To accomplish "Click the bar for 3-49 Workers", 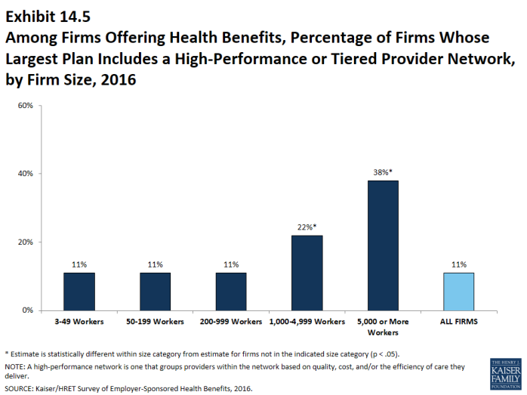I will (79, 292).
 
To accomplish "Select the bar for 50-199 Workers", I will (156, 292).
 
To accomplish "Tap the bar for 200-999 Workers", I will (231, 292).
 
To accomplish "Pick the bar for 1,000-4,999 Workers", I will (307, 273).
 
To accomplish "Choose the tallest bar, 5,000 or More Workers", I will (383, 245).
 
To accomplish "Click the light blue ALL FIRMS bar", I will (459, 292).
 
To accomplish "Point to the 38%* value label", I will (383, 172).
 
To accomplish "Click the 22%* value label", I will (307, 227).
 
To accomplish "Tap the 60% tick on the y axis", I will (24, 106).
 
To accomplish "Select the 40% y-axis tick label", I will (24, 174).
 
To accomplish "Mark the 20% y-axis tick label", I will (24, 242).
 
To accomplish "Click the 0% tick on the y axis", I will (26, 310).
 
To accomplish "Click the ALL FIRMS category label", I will (459, 322).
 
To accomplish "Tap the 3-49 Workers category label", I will (79, 322).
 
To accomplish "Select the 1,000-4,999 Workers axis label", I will (307, 322).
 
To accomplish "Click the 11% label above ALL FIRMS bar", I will (459, 265).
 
